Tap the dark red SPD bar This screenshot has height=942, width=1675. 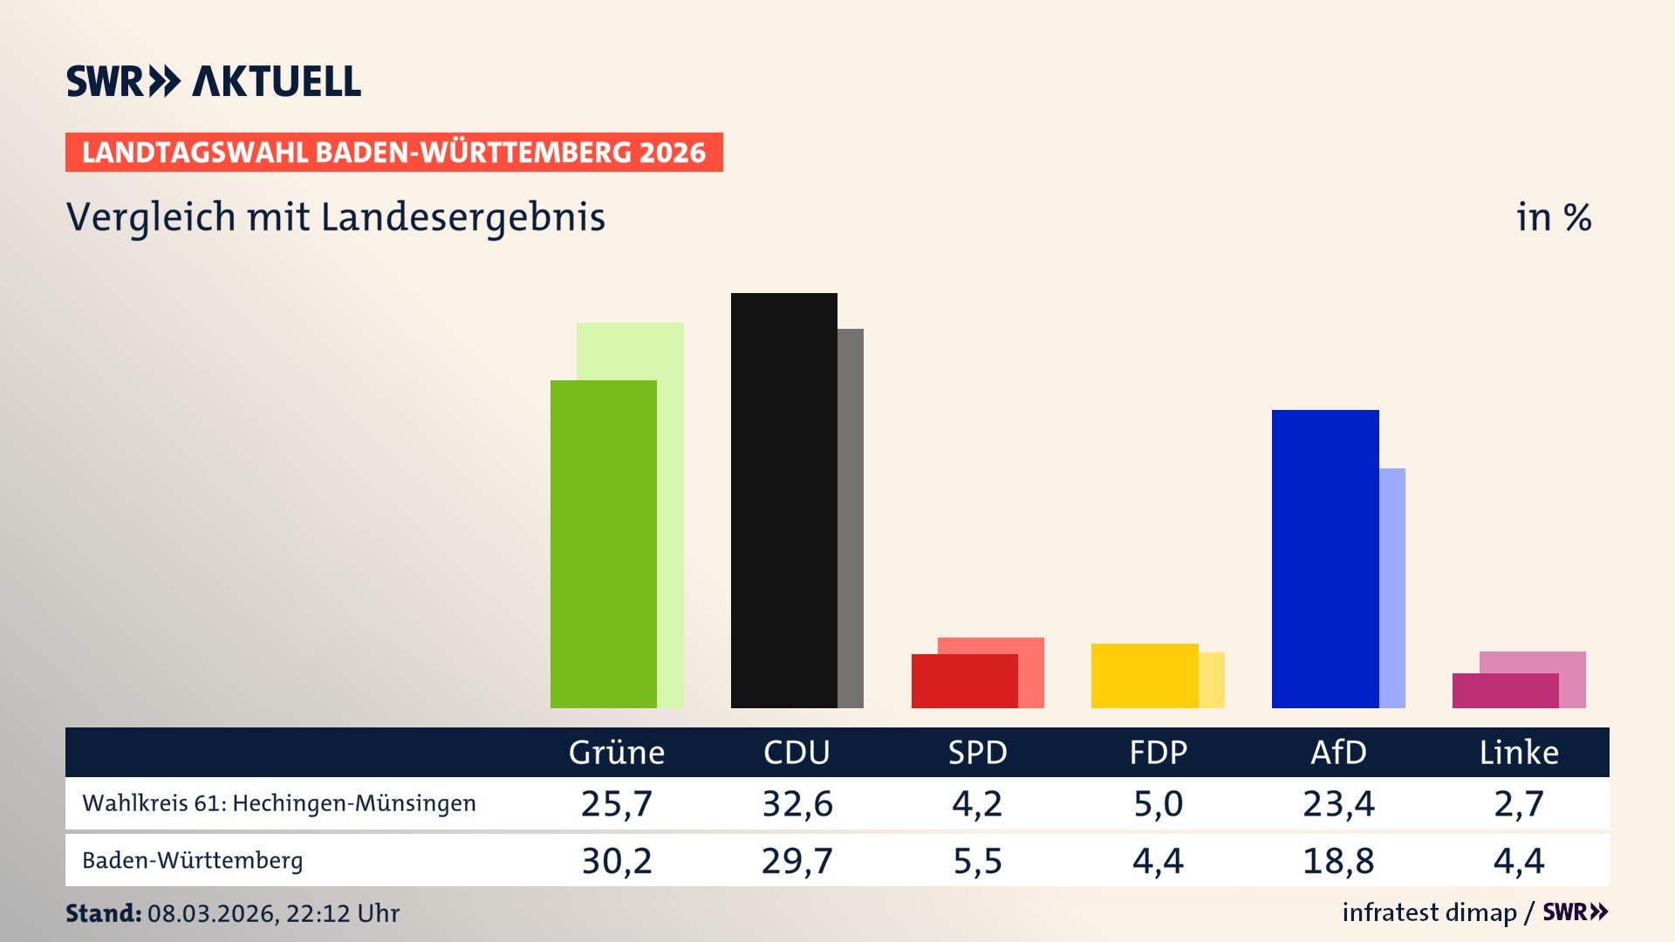click(x=964, y=681)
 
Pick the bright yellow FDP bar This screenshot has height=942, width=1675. click(x=1145, y=676)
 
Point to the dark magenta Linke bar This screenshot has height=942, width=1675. click(x=1505, y=691)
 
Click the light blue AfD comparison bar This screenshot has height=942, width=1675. click(x=1392, y=588)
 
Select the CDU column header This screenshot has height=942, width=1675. click(x=796, y=752)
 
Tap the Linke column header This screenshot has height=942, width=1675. click(x=1518, y=752)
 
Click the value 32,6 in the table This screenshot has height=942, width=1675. click(x=796, y=803)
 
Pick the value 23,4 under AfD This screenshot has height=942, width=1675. click(x=1338, y=803)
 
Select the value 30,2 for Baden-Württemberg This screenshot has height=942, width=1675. click(x=616, y=861)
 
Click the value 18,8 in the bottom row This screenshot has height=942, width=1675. click(x=1338, y=861)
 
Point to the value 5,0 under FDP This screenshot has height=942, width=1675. click(x=1158, y=803)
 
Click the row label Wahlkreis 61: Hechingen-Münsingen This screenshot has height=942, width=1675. click(x=279, y=803)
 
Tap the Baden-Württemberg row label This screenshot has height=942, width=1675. click(x=193, y=861)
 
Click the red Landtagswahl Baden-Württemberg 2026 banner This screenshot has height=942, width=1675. click(x=393, y=153)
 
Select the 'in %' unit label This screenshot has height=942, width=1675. click(x=1553, y=217)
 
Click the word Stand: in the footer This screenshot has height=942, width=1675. click(x=103, y=913)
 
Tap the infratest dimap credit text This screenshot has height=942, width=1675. click(x=1429, y=912)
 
